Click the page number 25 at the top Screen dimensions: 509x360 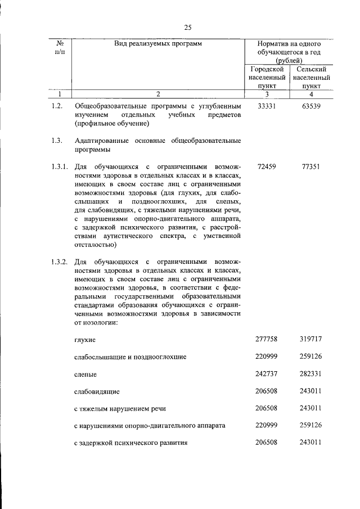coord(188,28)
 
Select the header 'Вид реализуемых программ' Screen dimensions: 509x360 coord(157,43)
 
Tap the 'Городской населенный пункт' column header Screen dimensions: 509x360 coord(267,78)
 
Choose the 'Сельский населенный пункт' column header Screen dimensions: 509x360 coord(310,78)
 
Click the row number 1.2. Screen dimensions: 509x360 coord(56,106)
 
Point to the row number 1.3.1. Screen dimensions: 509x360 coord(58,167)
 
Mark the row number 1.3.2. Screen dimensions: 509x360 coord(58,262)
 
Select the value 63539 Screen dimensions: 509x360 coord(310,106)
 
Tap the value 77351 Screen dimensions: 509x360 coord(310,167)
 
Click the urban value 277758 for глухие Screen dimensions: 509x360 coord(267,340)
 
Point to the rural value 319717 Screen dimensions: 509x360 coord(310,340)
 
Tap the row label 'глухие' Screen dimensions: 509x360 coord(85,340)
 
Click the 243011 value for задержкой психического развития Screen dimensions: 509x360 coord(310,443)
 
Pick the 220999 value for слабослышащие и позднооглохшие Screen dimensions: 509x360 coord(267,357)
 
